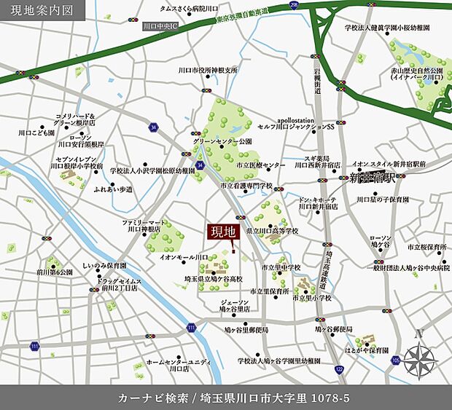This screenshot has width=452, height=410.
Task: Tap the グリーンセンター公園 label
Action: tap(222, 141)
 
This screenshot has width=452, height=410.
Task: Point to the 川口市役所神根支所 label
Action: tap(208, 71)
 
